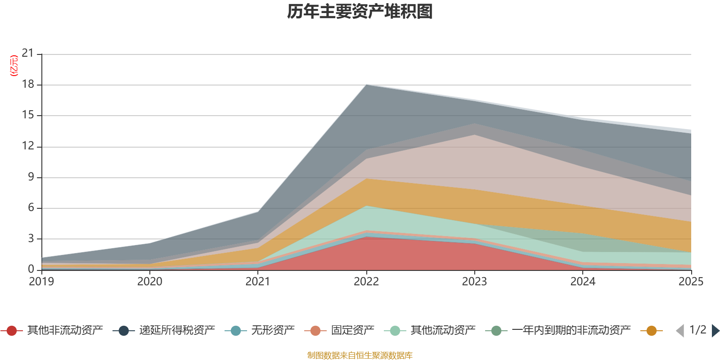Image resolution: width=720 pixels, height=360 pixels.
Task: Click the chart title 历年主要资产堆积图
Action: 360,12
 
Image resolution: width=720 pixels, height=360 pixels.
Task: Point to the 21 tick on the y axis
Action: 28,54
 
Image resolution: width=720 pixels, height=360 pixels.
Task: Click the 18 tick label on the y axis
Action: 28,84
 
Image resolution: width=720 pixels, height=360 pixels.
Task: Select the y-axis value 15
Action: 28,115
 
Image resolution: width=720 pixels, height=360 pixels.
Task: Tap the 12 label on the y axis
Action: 28,146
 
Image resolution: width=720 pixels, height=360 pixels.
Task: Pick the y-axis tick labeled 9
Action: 31,177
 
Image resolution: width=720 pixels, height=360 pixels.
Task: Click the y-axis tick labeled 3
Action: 31,238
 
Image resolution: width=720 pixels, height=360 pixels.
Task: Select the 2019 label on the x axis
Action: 41,282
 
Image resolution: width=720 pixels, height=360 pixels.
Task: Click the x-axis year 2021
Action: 258,282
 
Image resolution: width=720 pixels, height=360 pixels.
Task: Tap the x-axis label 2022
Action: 366,282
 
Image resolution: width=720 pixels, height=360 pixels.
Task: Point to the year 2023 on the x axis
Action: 474,282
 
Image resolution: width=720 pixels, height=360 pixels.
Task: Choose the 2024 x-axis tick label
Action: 583,282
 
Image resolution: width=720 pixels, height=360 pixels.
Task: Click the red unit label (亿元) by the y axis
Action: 14,66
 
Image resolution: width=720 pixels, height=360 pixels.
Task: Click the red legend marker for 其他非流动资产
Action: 12,331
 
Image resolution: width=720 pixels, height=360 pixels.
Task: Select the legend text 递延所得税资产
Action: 177,331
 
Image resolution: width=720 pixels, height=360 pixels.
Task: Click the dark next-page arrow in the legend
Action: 715,331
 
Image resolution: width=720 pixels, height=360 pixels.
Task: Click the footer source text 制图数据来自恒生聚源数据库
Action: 360,355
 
